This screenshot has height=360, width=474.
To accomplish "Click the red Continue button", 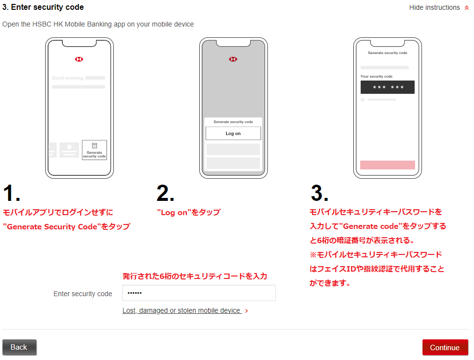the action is pos(445,347).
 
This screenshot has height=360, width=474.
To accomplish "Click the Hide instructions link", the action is pos(434,7).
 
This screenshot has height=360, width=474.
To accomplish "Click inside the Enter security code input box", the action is pos(199,293).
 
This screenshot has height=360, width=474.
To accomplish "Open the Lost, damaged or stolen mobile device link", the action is pos(182,311).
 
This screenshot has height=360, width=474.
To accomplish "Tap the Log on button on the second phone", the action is pos(233,134).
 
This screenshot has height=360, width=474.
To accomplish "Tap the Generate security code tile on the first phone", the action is pos(94,150).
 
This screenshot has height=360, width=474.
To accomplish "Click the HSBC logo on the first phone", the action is pos(79,59).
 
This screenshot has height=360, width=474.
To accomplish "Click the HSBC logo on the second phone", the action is pos(233,59).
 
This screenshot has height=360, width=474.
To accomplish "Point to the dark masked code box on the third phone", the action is pos(388,87).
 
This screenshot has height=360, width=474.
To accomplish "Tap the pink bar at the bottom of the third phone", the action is pos(388,165).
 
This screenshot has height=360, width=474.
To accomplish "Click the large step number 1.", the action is pos(11,193).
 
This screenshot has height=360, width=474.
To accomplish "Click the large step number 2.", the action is pos(165,193).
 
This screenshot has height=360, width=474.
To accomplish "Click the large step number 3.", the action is pos(319,193).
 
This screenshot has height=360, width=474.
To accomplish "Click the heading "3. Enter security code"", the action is pos(43,7).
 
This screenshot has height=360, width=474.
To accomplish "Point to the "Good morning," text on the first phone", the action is pos(68,78).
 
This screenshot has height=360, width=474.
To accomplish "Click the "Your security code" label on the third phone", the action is pos(376,77).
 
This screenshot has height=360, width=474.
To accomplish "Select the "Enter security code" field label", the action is pos(83,294).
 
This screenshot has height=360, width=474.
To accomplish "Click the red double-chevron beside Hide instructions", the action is pos(467,8).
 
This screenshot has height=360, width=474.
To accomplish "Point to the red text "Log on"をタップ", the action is pos(189,212).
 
